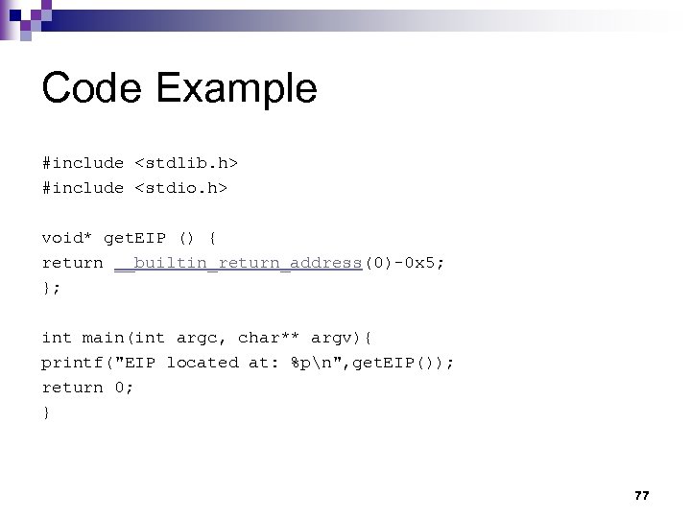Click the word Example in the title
[235, 89]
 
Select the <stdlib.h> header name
[180, 163]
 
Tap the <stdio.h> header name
[180, 188]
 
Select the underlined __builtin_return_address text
[237, 263]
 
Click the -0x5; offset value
[419, 263]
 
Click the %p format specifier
[300, 363]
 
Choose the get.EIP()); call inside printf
[408, 363]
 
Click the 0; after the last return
[124, 388]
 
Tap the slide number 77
[642, 495]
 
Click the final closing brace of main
[46, 412]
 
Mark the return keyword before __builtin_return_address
[72, 263]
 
